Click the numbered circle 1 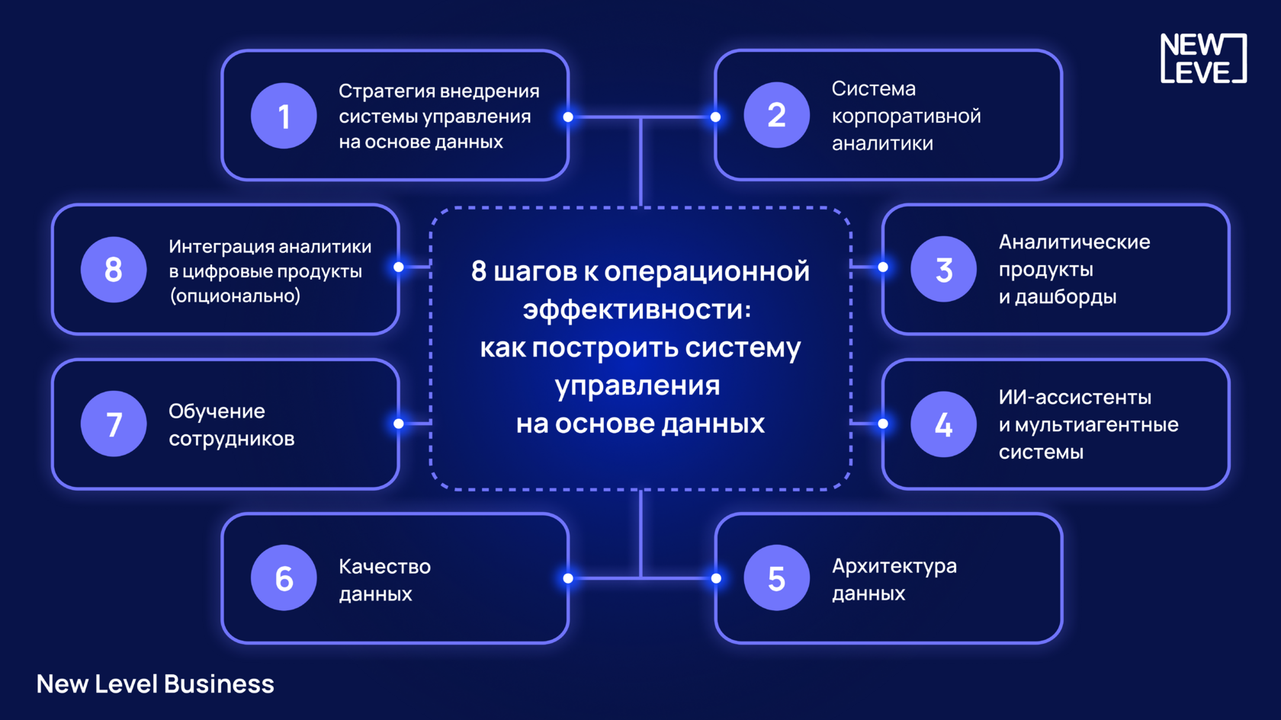pyautogui.click(x=284, y=116)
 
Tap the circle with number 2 pyautogui.click(x=776, y=116)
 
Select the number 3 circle pyautogui.click(x=943, y=269)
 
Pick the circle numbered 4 pyautogui.click(x=943, y=424)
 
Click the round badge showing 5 pyautogui.click(x=776, y=578)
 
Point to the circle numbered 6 pyautogui.click(x=284, y=578)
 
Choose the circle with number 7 pyautogui.click(x=114, y=424)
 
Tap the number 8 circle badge pyautogui.click(x=114, y=269)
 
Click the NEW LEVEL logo pyautogui.click(x=1202, y=58)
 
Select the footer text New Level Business pyautogui.click(x=156, y=684)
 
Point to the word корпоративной pyautogui.click(x=906, y=117)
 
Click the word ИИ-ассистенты pyautogui.click(x=1075, y=397)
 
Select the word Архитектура pyautogui.click(x=894, y=566)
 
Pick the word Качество pyautogui.click(x=384, y=567)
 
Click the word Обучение pyautogui.click(x=217, y=411)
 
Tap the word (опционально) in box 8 pyautogui.click(x=235, y=296)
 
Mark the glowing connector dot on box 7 pyautogui.click(x=399, y=424)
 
